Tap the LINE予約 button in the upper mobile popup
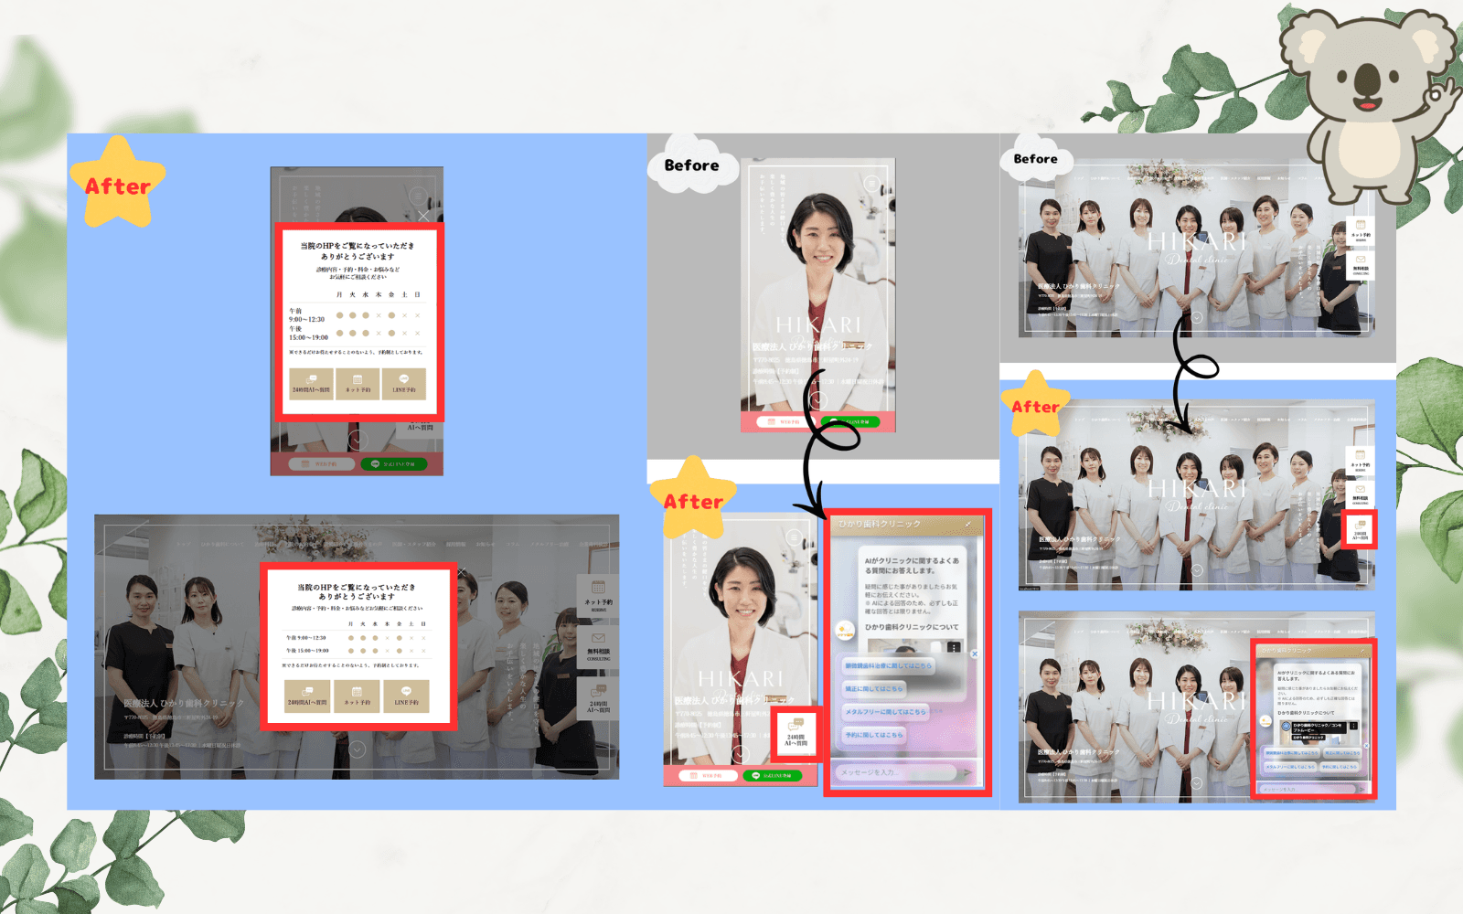[404, 383]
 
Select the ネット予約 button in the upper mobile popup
[358, 383]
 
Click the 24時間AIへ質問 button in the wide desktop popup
[307, 696]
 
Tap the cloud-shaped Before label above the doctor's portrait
[692, 165]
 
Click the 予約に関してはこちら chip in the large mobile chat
[874, 734]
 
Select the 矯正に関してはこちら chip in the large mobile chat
[874, 688]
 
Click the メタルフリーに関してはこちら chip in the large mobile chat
[885, 711]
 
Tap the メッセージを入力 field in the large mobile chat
[896, 772]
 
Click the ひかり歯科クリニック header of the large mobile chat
[881, 524]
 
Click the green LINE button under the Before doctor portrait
[850, 421]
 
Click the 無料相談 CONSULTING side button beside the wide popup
[598, 646]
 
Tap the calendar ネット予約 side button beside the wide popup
[598, 594]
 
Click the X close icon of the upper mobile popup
[423, 217]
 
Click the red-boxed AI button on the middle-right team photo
[1360, 530]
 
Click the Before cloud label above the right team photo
[1035, 159]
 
